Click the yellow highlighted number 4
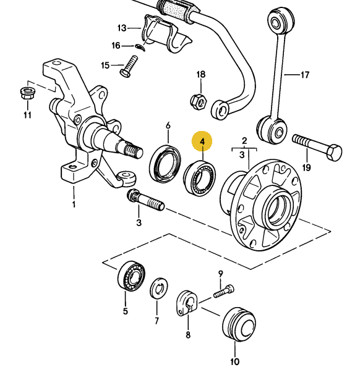pyautogui.click(x=202, y=142)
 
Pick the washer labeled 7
pyautogui.click(x=158, y=289)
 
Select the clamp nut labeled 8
pyautogui.click(x=186, y=303)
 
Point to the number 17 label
pyautogui.click(x=304, y=76)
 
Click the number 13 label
pyautogui.click(x=121, y=28)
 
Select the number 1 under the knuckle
pyautogui.click(x=74, y=204)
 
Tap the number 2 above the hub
pyautogui.click(x=244, y=140)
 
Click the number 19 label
pyautogui.click(x=307, y=167)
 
